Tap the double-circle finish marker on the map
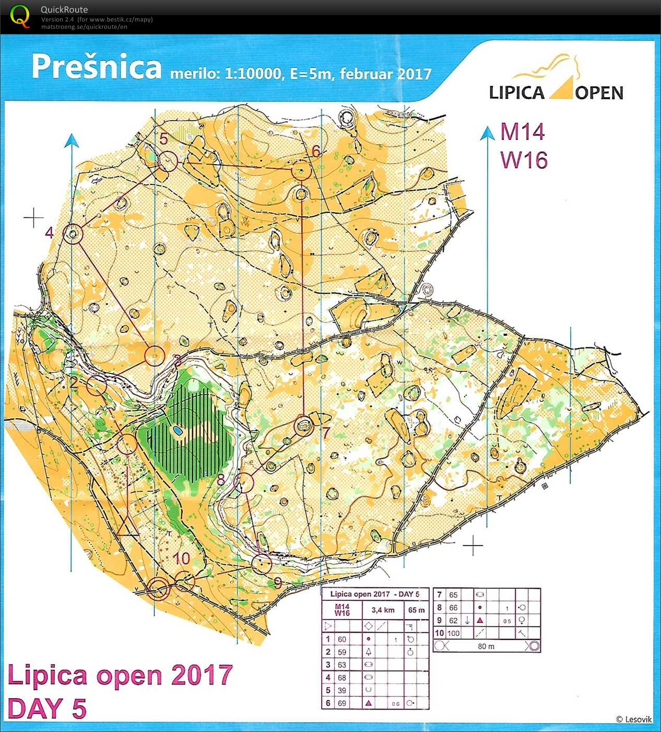158,589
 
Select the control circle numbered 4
73,234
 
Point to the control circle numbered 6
301,170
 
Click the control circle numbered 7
303,426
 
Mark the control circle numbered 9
262,564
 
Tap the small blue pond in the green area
178,432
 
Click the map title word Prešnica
97,67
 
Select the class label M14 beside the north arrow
522,132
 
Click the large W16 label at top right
524,160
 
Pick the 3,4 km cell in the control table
383,610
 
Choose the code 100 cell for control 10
453,633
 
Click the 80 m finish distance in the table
486,646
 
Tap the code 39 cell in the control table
342,690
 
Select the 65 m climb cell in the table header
416,610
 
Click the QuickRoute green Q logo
20,17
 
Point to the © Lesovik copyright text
633,719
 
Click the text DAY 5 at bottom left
47,709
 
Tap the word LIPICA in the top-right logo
516,93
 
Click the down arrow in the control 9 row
467,620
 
